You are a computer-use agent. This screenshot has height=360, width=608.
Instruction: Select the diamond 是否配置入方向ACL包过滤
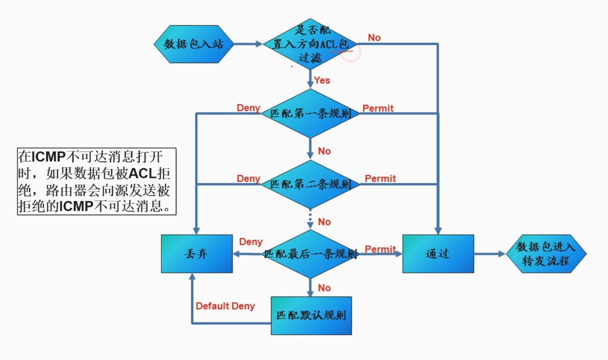coord(311,44)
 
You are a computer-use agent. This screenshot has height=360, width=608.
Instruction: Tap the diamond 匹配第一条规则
coord(311,114)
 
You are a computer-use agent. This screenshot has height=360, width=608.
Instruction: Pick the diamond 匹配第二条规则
coord(311,184)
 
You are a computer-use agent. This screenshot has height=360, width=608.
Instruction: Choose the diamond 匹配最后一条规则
coord(311,254)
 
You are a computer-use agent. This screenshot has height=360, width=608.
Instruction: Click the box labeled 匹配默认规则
coord(311,315)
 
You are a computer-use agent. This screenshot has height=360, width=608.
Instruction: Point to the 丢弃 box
coord(197,254)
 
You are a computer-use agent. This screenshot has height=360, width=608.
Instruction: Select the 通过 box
coord(438,254)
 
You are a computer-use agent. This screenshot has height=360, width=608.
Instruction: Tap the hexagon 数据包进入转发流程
coord(546,254)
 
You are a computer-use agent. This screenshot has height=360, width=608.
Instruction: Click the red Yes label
coord(322,80)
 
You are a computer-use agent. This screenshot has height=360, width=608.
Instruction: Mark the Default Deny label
coord(225,306)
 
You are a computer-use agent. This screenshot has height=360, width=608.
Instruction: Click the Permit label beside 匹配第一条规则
coord(378,109)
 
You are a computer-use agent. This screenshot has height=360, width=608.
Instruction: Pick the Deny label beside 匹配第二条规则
coord(248,178)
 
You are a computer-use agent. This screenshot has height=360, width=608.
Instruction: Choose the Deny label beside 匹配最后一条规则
coord(251,242)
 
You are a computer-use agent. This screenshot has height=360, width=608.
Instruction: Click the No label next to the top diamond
coord(374,38)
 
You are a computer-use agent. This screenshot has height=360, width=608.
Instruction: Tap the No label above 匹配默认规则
coord(324,288)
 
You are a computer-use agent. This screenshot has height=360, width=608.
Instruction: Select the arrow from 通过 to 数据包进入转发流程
coord(490,254)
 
